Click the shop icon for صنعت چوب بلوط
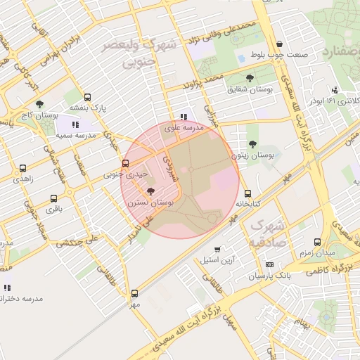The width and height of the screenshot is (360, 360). (x=280, y=44)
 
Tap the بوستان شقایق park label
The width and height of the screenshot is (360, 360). (x=245, y=89)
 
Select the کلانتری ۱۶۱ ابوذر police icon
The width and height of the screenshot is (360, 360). (x=335, y=89)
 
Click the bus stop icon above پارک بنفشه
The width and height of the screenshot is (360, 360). (x=87, y=98)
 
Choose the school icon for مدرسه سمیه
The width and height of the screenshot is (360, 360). (x=75, y=124)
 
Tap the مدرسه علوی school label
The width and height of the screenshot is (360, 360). (x=184, y=128)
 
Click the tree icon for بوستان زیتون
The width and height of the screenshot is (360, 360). (x=252, y=144)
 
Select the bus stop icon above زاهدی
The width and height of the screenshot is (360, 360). (x=23, y=169)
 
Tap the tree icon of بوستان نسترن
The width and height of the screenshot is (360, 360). (x=150, y=191)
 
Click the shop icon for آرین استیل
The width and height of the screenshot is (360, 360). (x=217, y=249)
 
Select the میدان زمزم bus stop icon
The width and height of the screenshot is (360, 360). (x=317, y=242)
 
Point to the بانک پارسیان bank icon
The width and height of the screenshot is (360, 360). (x=269, y=265)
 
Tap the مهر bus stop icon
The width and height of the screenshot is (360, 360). (x=134, y=294)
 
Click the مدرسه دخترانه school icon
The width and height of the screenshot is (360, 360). (x=7, y=288)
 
